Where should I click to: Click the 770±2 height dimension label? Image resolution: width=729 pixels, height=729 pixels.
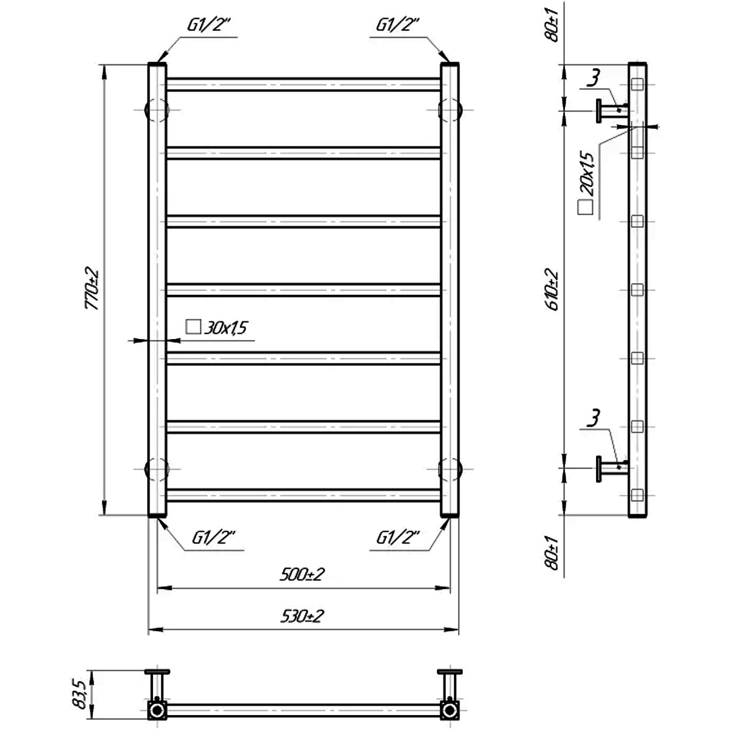[92, 289]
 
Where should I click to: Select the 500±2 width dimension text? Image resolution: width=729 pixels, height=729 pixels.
[303, 575]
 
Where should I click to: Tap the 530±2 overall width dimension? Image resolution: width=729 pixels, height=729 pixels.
[303, 616]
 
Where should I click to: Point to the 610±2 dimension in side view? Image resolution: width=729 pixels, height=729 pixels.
[552, 289]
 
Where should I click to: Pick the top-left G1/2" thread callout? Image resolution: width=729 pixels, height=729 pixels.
[209, 26]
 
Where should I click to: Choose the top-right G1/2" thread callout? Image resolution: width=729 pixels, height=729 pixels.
[397, 26]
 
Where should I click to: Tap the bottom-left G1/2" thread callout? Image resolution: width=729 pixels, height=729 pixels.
[214, 538]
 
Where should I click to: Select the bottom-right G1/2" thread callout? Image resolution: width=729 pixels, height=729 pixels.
[398, 538]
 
